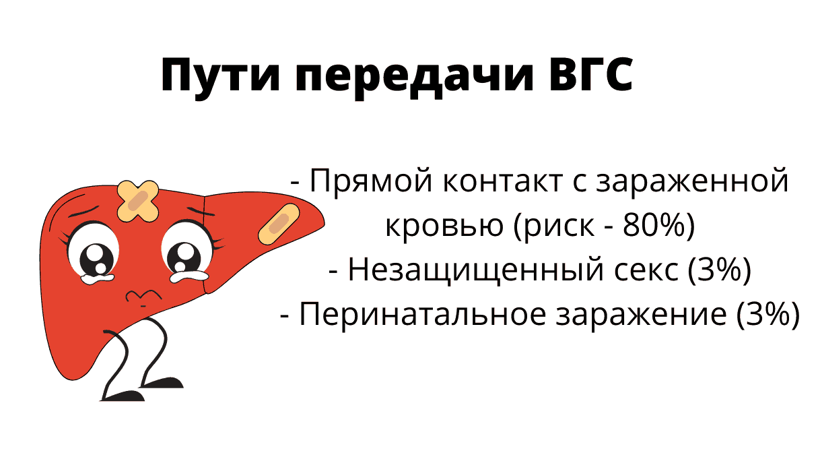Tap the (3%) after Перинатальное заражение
pos(766,315)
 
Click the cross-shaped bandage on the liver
pos(138,201)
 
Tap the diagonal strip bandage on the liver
pos(279,223)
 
